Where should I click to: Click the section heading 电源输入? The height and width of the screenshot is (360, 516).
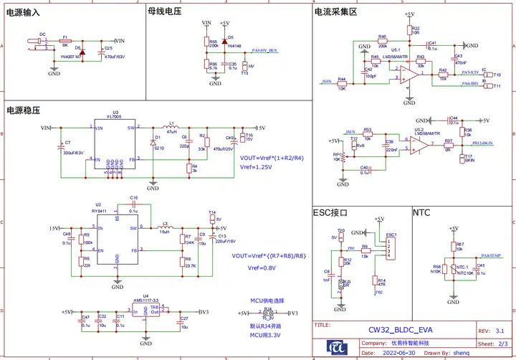(x=23, y=13)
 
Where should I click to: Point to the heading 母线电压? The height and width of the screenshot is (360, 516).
(x=163, y=12)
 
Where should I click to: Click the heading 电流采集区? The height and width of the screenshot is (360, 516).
(x=335, y=12)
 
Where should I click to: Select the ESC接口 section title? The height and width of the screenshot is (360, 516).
(x=330, y=212)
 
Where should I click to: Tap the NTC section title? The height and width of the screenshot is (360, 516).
(x=422, y=212)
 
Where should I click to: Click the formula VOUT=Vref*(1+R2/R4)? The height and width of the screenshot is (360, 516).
(x=272, y=158)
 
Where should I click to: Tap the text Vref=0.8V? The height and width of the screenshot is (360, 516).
(x=262, y=268)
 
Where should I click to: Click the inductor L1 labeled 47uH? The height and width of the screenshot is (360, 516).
(x=172, y=127)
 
